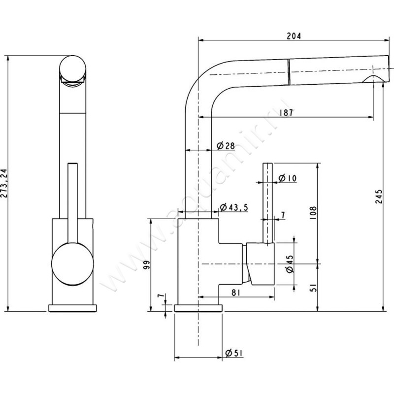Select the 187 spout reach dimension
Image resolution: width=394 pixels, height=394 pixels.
[286, 112]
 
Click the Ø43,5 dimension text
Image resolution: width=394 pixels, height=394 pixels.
[231, 207]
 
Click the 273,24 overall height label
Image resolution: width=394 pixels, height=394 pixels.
[4, 182]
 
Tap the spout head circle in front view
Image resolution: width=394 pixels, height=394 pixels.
[73, 70]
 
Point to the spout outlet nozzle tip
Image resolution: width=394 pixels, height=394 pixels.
[375, 80]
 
